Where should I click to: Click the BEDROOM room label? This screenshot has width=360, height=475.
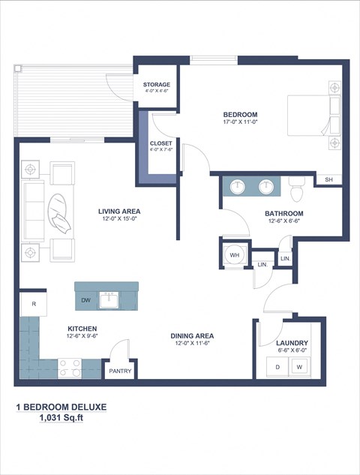[x=240, y=115]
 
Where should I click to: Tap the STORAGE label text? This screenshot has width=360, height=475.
[x=157, y=85]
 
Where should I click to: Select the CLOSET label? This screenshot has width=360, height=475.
[x=160, y=143]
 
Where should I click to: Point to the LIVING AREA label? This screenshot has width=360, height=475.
[x=119, y=212]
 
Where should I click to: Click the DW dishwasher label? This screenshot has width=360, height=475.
[x=85, y=300]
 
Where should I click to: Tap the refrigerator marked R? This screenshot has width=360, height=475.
[x=34, y=304]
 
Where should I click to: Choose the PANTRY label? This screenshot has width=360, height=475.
[x=120, y=371]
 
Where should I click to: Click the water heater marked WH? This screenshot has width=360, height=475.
[x=234, y=255]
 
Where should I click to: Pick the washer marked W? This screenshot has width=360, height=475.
[x=299, y=367]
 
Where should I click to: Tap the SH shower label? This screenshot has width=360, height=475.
[x=328, y=179]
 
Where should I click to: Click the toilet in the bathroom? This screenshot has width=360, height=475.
[x=295, y=190]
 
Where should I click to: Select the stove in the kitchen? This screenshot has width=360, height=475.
[x=70, y=368]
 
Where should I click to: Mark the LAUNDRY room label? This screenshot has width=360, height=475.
[x=292, y=343]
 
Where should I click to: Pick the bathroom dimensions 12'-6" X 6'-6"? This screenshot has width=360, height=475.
[x=283, y=221]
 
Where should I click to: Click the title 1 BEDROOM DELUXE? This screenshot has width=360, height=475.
[x=61, y=407]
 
